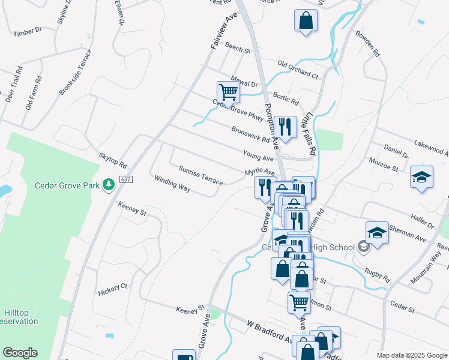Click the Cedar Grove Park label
point(67,185)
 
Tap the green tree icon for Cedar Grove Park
point(109,185)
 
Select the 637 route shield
point(125,179)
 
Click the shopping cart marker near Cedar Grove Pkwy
point(228,93)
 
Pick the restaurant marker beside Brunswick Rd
point(285,127)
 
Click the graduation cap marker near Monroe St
point(422,177)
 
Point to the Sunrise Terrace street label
point(200,174)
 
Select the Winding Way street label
point(172,184)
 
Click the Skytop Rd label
point(113,160)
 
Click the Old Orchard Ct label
point(297,70)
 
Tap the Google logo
point(20,353)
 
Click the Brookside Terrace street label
point(75,72)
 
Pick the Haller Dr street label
point(420,218)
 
